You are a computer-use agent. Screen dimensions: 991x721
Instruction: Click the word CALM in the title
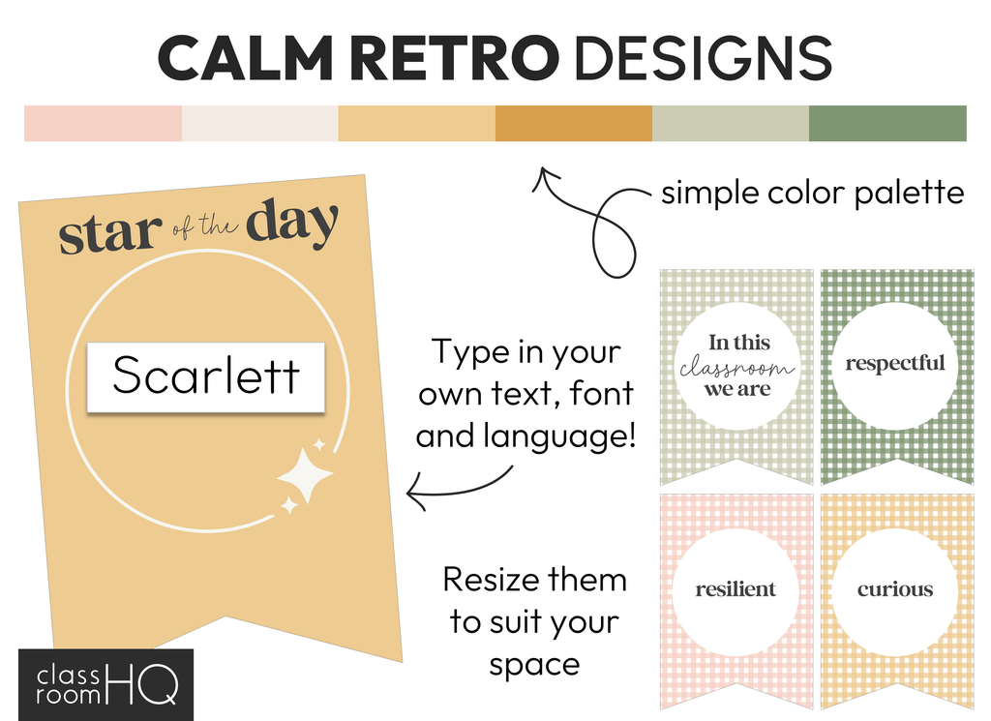point(245,57)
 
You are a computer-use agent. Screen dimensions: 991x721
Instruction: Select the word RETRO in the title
point(454,57)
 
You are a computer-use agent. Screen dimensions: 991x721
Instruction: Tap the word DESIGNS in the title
point(703,57)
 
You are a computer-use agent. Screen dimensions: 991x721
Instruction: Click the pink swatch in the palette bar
point(103,123)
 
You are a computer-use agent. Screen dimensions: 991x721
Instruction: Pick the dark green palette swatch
point(887,123)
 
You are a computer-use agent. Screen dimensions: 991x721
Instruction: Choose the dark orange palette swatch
point(574,123)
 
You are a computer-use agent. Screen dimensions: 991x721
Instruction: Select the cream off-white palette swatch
point(260,123)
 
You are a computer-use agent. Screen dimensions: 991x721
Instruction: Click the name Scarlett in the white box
point(206,375)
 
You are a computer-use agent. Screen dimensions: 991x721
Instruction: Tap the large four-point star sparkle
point(306,475)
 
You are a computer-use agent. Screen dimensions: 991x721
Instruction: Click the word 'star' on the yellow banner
point(110,234)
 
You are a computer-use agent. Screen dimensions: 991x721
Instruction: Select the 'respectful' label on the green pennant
point(895,363)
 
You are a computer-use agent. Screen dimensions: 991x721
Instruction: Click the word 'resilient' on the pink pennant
point(736,589)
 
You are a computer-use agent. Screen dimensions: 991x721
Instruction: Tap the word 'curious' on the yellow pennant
point(895,589)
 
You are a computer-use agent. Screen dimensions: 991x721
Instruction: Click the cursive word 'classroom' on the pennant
point(736,367)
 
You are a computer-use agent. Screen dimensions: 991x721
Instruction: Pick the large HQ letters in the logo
point(143,683)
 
